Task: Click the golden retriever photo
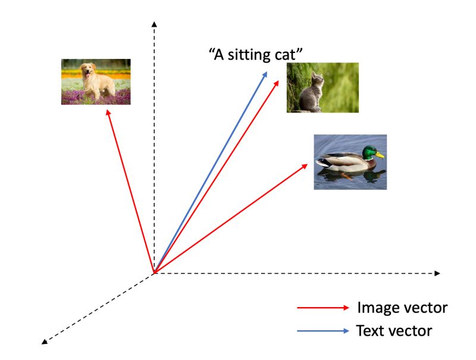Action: (x=96, y=82)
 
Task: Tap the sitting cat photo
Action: (x=322, y=87)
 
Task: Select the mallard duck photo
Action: (x=350, y=162)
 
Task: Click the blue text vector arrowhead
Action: (x=265, y=74)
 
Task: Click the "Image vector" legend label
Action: (x=402, y=308)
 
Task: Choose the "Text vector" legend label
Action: (x=394, y=330)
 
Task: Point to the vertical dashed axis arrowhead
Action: (x=155, y=24)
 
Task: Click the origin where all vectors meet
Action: (x=155, y=273)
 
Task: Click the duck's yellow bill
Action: (x=380, y=156)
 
